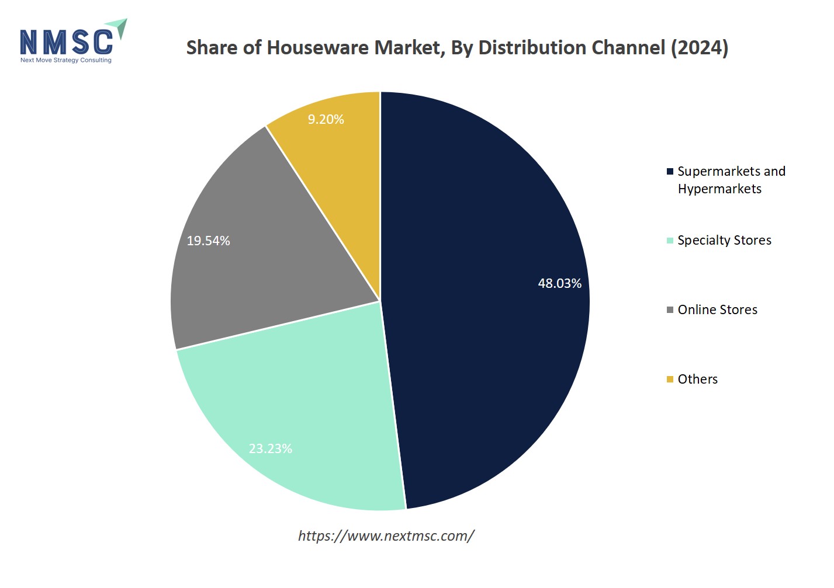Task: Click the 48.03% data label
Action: pyautogui.click(x=559, y=284)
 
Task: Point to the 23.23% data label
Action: pyautogui.click(x=270, y=449)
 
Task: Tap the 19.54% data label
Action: pyautogui.click(x=208, y=241)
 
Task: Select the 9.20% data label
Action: pyautogui.click(x=326, y=120)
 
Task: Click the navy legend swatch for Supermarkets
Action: pyautogui.click(x=670, y=172)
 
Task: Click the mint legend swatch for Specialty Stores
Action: pyautogui.click(x=670, y=241)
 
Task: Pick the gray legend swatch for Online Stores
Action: pyautogui.click(x=670, y=310)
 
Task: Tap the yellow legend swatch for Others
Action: pyautogui.click(x=670, y=380)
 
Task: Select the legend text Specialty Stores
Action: pyautogui.click(x=724, y=241)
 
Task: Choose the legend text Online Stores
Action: pyautogui.click(x=717, y=310)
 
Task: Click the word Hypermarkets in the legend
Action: pyautogui.click(x=719, y=189)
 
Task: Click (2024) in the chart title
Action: pyautogui.click(x=699, y=48)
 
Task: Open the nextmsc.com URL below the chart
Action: pyautogui.click(x=386, y=536)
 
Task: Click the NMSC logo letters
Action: pyautogui.click(x=66, y=43)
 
